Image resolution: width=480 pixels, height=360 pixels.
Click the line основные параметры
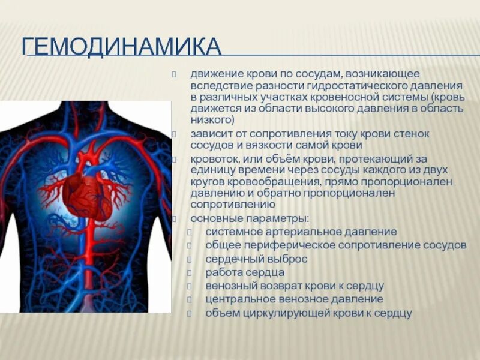tap(250, 218)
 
